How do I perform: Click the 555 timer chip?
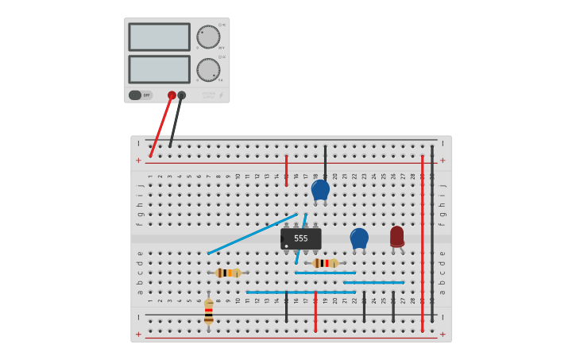point(301,238)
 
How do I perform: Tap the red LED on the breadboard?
point(396,236)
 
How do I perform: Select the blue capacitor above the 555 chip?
point(320,189)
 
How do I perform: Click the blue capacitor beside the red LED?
point(359,238)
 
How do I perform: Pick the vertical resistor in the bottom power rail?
point(209,312)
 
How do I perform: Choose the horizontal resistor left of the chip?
point(228,273)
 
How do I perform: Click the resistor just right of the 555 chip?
point(325,263)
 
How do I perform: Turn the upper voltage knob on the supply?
point(208,37)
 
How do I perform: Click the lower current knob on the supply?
point(208,69)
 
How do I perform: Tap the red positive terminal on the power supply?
point(172,95)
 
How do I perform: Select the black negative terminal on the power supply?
point(182,95)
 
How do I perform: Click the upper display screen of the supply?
point(159,37)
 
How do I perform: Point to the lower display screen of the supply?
point(159,69)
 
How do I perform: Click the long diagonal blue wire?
point(253,234)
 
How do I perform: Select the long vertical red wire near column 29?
point(422,238)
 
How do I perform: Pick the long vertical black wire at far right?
point(432,230)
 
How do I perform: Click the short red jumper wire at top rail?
point(286,170)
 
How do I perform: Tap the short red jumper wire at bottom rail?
point(315,312)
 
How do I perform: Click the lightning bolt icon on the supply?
point(221,95)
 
